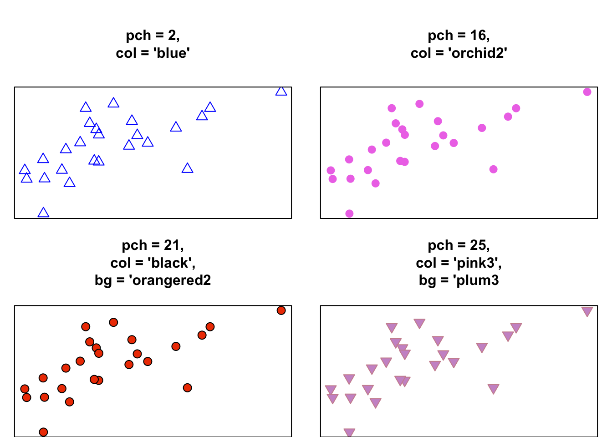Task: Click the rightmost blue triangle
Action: pos(281,91)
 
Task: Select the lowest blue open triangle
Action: pos(43,213)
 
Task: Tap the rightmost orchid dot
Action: pos(587,92)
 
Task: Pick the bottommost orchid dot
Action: pos(349,213)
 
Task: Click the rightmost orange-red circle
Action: pos(281,310)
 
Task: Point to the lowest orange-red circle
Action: pos(43,432)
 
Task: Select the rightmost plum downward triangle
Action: pos(587,311)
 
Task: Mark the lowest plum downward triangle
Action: pos(349,432)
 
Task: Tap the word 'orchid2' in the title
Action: pos(478,53)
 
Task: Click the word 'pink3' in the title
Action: pos(477,263)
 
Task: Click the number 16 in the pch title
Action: pos(479,36)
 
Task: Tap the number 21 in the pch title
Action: pos(173,245)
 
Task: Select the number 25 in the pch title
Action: pos(479,245)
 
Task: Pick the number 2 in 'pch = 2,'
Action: pos(172,36)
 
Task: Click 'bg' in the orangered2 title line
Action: pos(102,280)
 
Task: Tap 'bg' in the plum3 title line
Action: pos(427,280)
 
